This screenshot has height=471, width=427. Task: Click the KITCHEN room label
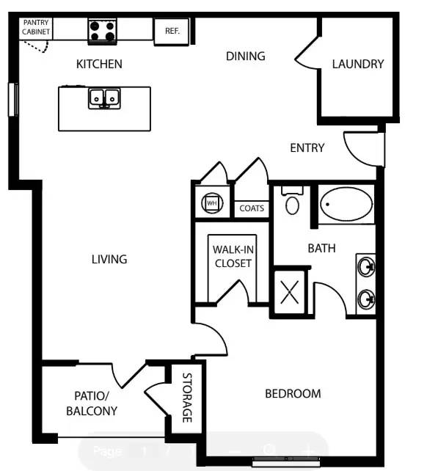pos(99,64)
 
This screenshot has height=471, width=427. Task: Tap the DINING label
pos(245,56)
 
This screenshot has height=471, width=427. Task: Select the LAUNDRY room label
pos(357,64)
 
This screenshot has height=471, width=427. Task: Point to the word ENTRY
pos(307,148)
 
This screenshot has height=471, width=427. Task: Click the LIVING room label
pos(109,259)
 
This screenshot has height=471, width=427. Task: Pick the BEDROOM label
pos(293,394)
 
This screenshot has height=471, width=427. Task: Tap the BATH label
pos(321,248)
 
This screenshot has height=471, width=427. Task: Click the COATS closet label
pos(252,208)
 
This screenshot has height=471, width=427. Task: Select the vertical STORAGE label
pos(187,399)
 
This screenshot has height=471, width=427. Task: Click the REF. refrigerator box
pos(172,32)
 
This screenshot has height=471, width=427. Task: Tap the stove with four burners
pos(103,31)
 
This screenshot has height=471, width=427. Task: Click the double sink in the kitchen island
pos(104,98)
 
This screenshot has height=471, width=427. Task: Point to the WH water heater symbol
pos(211,202)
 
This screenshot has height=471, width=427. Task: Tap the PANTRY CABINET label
pos(35,28)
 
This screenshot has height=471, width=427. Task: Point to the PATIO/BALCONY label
pos(92,403)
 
